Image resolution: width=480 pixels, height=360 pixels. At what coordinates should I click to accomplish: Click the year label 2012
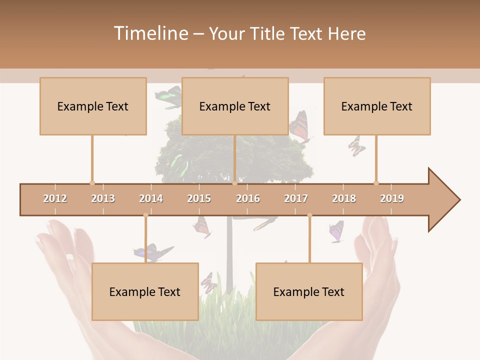pyautogui.click(x=55, y=198)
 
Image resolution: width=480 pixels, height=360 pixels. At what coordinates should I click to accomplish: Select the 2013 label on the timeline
pyautogui.click(x=103, y=198)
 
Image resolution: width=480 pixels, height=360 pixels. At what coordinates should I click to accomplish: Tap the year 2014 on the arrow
pyautogui.click(x=151, y=198)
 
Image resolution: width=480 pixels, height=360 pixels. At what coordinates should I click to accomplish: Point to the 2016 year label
pyautogui.click(x=248, y=198)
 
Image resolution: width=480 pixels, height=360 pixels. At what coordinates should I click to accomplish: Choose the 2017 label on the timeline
pyautogui.click(x=296, y=198)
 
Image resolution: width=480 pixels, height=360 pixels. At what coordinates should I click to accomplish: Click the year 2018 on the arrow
pyautogui.click(x=344, y=198)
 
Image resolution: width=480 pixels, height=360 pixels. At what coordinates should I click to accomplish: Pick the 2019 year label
pyautogui.click(x=392, y=198)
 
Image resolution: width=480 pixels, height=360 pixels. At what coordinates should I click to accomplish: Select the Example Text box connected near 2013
pyautogui.click(x=93, y=106)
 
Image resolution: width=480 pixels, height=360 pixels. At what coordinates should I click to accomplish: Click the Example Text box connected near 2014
pyautogui.click(x=145, y=291)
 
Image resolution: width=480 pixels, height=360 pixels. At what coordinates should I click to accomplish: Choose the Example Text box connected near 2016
pyautogui.click(x=235, y=106)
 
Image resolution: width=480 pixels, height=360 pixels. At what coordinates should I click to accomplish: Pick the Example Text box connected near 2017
pyautogui.click(x=309, y=291)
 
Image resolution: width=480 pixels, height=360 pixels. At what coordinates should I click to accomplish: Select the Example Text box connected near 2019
pyautogui.click(x=377, y=106)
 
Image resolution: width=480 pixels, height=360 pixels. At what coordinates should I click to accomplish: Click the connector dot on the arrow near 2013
pyautogui.click(x=92, y=183)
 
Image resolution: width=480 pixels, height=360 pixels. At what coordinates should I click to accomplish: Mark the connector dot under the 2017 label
pyautogui.click(x=309, y=215)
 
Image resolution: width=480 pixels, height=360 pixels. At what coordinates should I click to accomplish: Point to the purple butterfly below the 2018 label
pyautogui.click(x=336, y=231)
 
